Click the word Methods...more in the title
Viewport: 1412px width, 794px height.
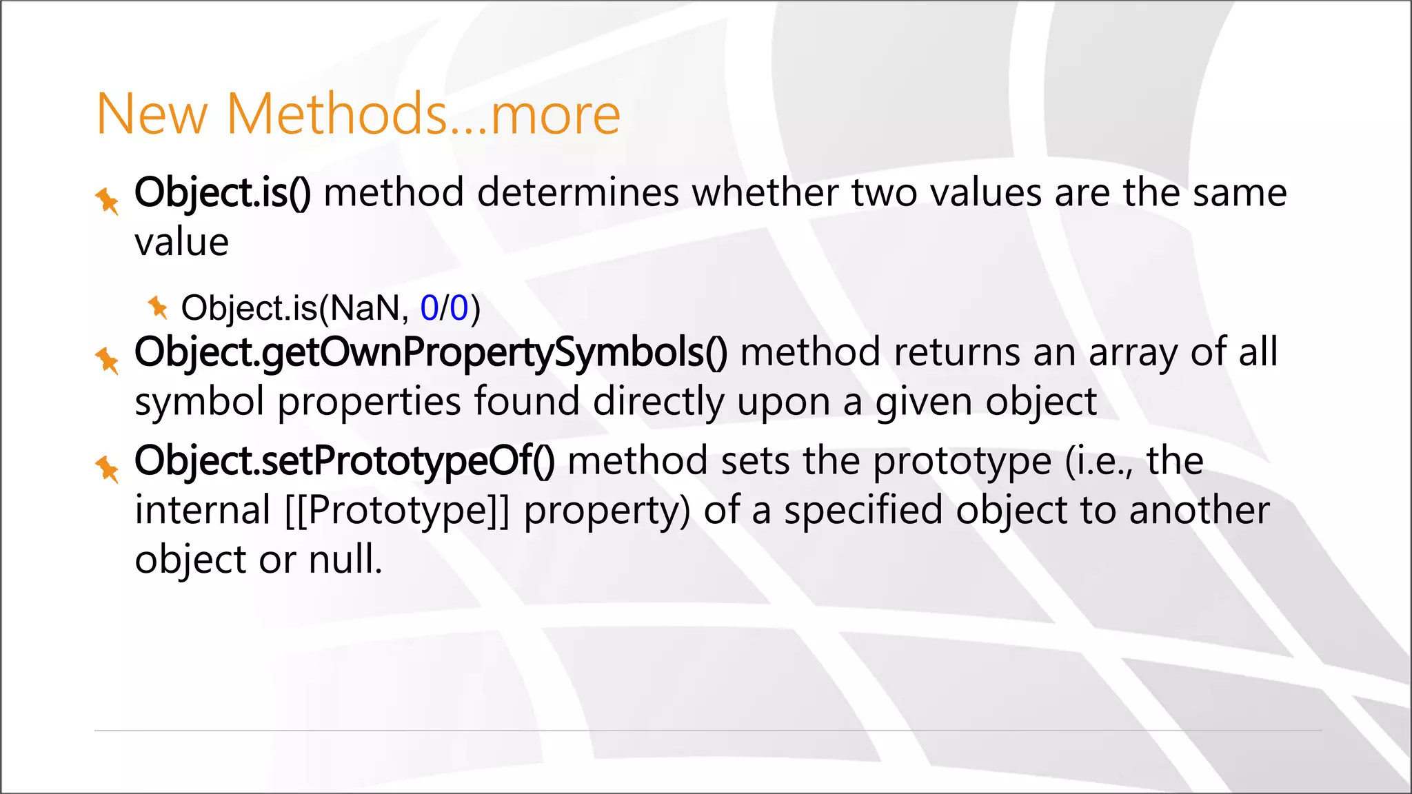423,114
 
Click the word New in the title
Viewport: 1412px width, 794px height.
152,114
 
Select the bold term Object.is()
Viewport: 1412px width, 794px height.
223,192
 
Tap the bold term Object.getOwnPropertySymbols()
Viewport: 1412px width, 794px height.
431,352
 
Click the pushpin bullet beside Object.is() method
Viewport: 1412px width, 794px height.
108,201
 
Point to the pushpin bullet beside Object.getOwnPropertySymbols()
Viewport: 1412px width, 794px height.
108,360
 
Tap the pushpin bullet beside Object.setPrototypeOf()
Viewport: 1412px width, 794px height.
108,469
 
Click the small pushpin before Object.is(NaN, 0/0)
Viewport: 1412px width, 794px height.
158,307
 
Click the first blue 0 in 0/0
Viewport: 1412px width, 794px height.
429,307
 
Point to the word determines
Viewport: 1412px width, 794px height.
578,192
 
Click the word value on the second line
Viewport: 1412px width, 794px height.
181,243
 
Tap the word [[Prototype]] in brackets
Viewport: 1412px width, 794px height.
397,511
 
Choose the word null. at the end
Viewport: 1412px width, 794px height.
345,559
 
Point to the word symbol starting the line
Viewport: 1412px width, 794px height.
199,402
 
